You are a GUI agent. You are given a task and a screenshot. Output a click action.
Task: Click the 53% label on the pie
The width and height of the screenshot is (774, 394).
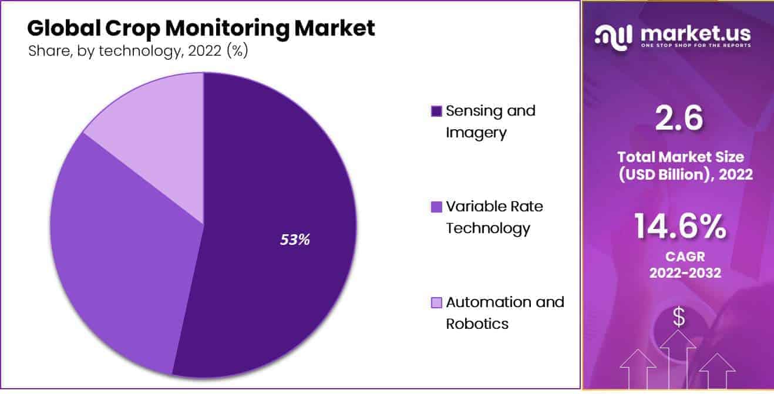[294, 240]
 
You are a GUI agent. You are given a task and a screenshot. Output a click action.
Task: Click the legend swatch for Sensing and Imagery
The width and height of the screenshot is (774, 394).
[436, 111]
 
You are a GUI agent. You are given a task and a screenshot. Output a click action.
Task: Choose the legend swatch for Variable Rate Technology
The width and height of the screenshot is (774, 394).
[436, 207]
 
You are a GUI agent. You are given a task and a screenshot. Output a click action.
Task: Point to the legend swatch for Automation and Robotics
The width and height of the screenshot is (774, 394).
[436, 302]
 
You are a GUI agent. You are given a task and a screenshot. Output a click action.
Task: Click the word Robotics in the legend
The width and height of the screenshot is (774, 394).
[477, 324]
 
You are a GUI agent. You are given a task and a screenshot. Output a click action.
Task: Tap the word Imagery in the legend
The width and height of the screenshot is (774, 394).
[476, 133]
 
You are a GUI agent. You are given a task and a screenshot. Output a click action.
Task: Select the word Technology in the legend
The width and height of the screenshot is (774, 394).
[487, 228]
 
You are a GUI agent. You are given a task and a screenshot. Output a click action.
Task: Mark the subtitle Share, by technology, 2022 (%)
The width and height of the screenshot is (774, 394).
[138, 51]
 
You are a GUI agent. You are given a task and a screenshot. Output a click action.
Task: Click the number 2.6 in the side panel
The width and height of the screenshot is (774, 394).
[678, 119]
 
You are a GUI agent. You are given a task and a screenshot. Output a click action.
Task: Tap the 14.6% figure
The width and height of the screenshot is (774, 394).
[679, 228]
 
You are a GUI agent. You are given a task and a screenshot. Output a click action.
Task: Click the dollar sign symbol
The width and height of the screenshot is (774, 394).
[679, 318]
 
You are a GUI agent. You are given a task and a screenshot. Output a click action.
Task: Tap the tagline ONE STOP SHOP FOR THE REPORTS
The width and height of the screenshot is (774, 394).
[695, 45]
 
